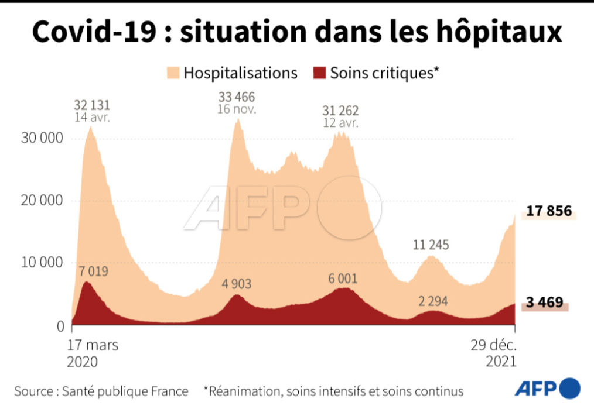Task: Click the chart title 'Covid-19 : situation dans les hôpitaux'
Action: click(296, 32)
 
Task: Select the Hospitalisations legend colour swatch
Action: click(173, 73)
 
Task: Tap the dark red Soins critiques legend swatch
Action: click(319, 73)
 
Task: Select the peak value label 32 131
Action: click(91, 105)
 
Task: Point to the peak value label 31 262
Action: click(340, 111)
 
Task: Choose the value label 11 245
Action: click(430, 245)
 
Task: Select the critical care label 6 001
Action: click(343, 279)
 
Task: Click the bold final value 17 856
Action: click(548, 211)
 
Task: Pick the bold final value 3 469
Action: click(544, 303)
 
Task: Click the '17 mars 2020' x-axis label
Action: click(93, 353)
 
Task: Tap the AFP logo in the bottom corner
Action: click(548, 388)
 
